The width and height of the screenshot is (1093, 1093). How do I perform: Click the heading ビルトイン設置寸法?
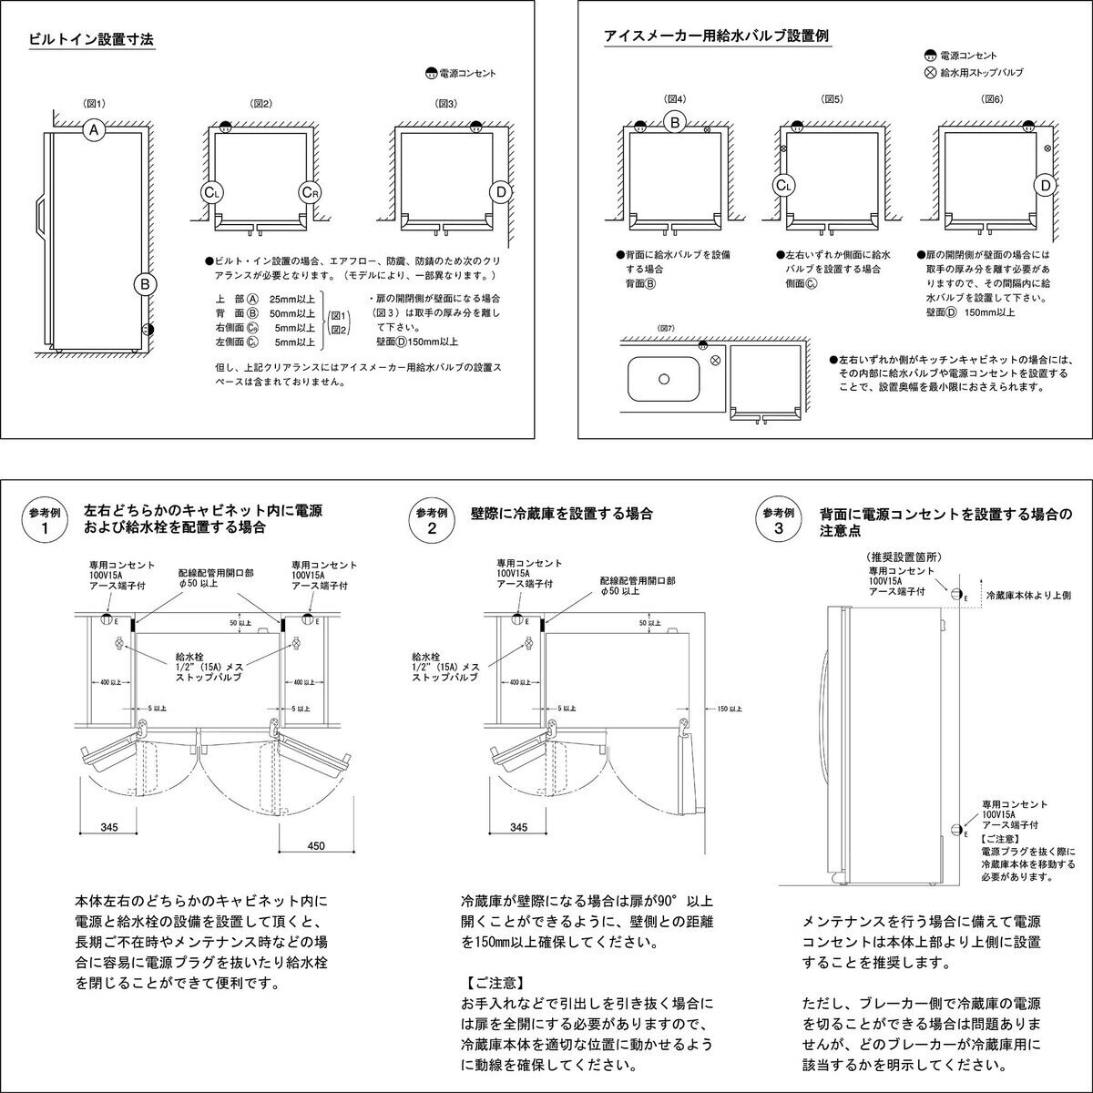(91, 40)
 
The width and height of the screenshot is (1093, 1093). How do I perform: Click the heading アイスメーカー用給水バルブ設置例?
(716, 36)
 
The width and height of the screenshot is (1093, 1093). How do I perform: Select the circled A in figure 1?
(93, 131)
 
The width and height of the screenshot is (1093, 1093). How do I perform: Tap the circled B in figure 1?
(144, 285)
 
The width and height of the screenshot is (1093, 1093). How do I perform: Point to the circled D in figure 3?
(499, 192)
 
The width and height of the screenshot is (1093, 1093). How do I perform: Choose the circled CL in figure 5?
(783, 186)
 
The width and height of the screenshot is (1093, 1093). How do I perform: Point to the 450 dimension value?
(315, 845)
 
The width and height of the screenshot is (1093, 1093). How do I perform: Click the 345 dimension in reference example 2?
(519, 827)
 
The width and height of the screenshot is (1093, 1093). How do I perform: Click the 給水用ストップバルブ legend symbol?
(929, 72)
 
